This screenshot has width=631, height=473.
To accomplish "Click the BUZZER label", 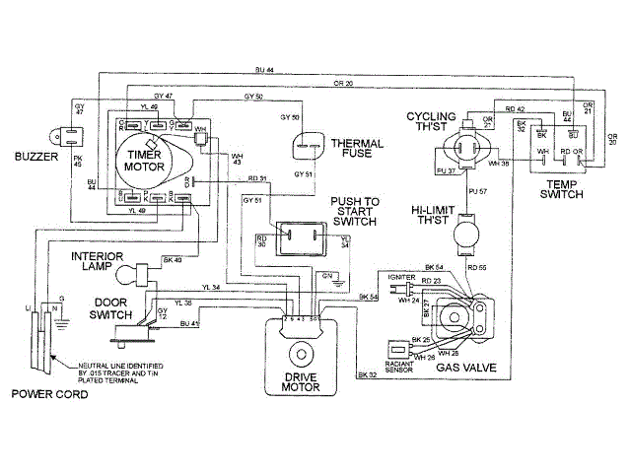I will (x=35, y=156).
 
